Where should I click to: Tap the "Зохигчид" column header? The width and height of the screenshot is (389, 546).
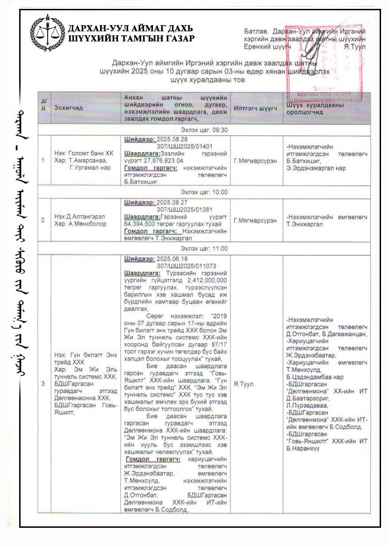68,107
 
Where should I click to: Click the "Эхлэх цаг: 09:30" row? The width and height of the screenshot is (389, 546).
204,129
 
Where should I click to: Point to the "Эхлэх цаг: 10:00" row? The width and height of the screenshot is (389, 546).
204,192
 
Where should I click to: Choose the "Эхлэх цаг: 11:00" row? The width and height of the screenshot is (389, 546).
204,248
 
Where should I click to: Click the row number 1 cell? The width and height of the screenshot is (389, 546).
43,161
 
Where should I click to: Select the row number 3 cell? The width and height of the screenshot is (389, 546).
43,383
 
